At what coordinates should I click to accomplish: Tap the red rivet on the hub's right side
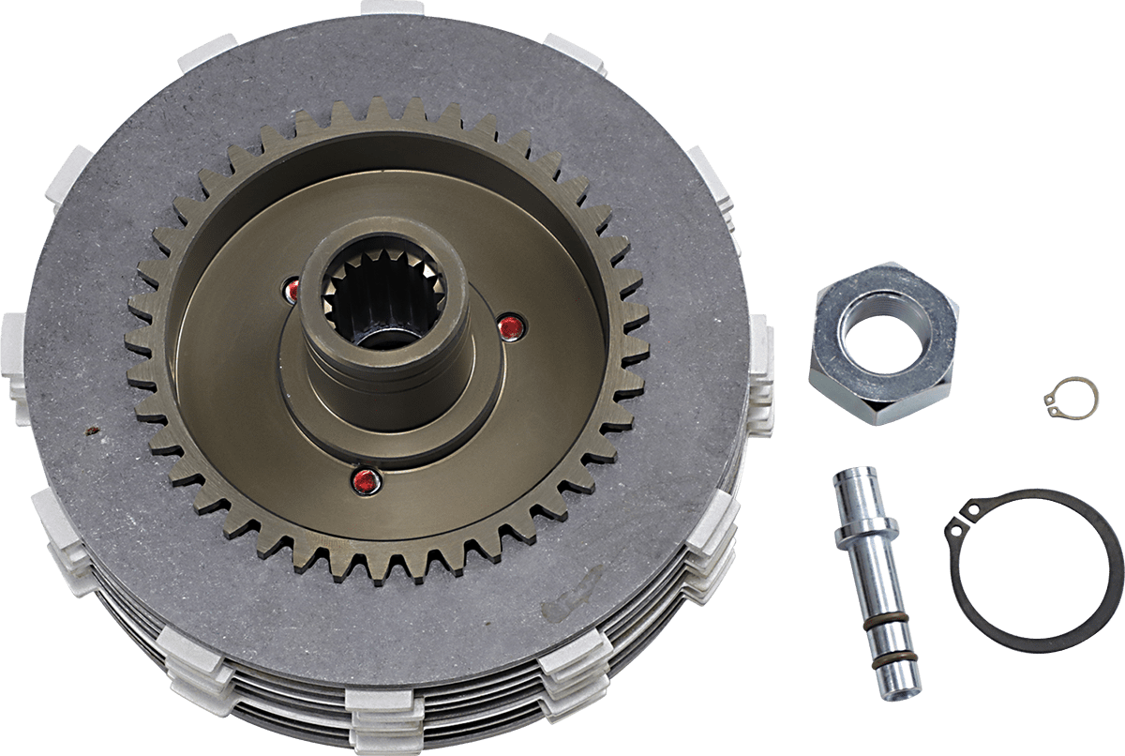[509, 326]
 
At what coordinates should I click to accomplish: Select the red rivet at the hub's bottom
[363, 481]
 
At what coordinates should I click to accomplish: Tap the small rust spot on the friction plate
[91, 431]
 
